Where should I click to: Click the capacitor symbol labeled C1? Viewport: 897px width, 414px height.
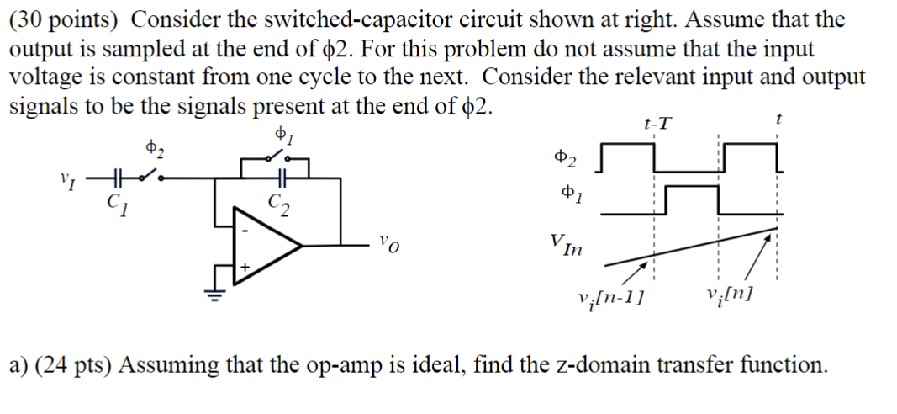(116, 178)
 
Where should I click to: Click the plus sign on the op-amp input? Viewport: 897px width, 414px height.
(245, 266)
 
